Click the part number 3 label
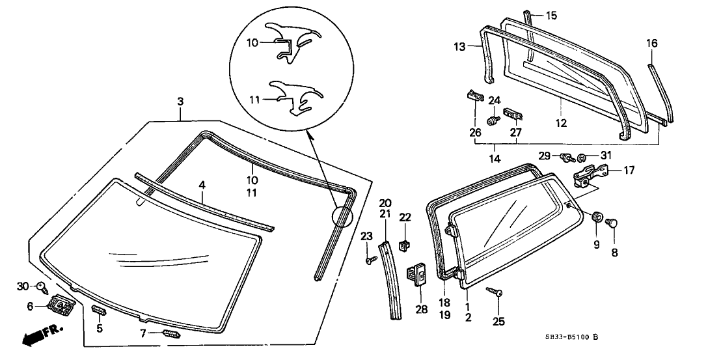[x=180, y=102]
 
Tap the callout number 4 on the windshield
[x=202, y=186]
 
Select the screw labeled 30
[x=42, y=285]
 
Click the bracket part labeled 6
[x=62, y=303]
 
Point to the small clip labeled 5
[x=98, y=310]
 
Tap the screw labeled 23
[x=370, y=260]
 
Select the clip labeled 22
[x=405, y=245]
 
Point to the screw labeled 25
[x=498, y=294]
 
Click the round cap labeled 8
[x=612, y=223]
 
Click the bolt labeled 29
[x=567, y=157]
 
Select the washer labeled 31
[x=583, y=157]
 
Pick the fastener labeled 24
[x=493, y=120]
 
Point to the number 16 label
[x=651, y=44]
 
